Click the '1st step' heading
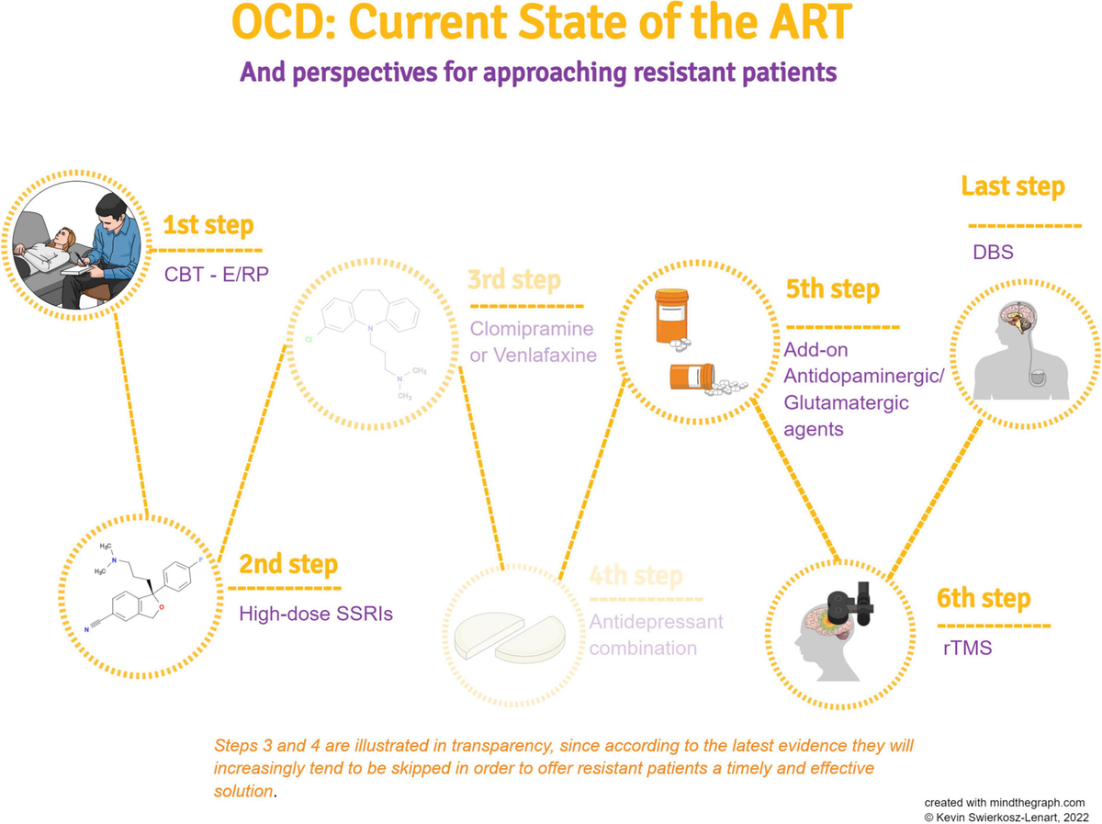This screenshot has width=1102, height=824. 208,225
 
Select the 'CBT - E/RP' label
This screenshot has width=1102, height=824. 217,274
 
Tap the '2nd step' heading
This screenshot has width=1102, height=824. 287,563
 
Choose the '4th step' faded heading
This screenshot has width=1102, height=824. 635,576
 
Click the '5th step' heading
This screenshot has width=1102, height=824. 832,289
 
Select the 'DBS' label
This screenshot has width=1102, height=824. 992,251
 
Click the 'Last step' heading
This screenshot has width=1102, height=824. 1013,186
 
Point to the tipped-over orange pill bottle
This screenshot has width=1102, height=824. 692,377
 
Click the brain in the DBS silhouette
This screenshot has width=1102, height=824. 1013,321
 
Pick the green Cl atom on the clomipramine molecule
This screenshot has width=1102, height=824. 309,340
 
